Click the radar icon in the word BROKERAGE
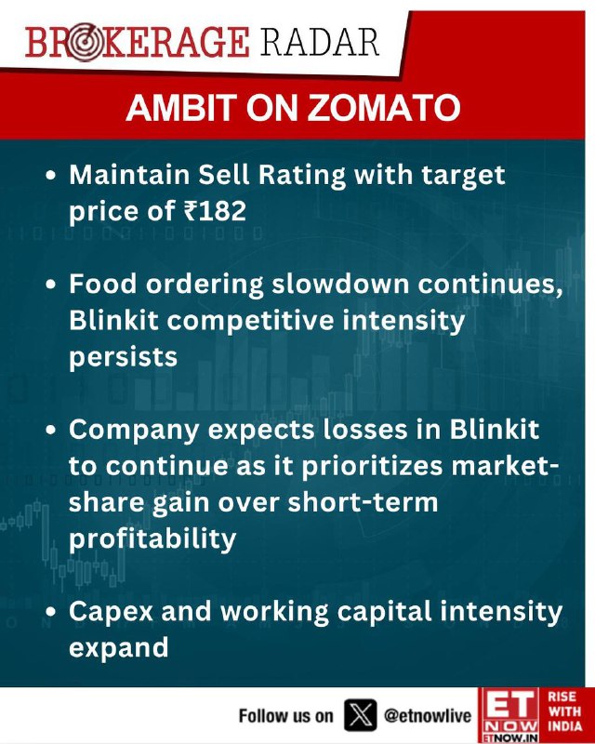[84, 44]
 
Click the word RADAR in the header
[319, 43]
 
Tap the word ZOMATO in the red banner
[384, 108]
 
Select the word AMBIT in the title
[181, 108]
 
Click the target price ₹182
[215, 211]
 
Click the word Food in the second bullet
[103, 284]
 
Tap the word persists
[123, 358]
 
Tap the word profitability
[152, 539]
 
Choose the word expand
[119, 647]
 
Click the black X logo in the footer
[360, 715]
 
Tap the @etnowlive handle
[428, 715]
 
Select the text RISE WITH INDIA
[564, 711]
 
